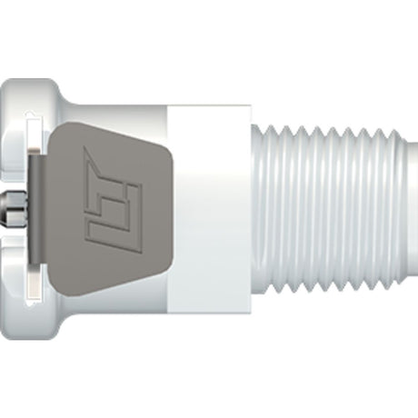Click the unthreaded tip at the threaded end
[411, 208]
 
